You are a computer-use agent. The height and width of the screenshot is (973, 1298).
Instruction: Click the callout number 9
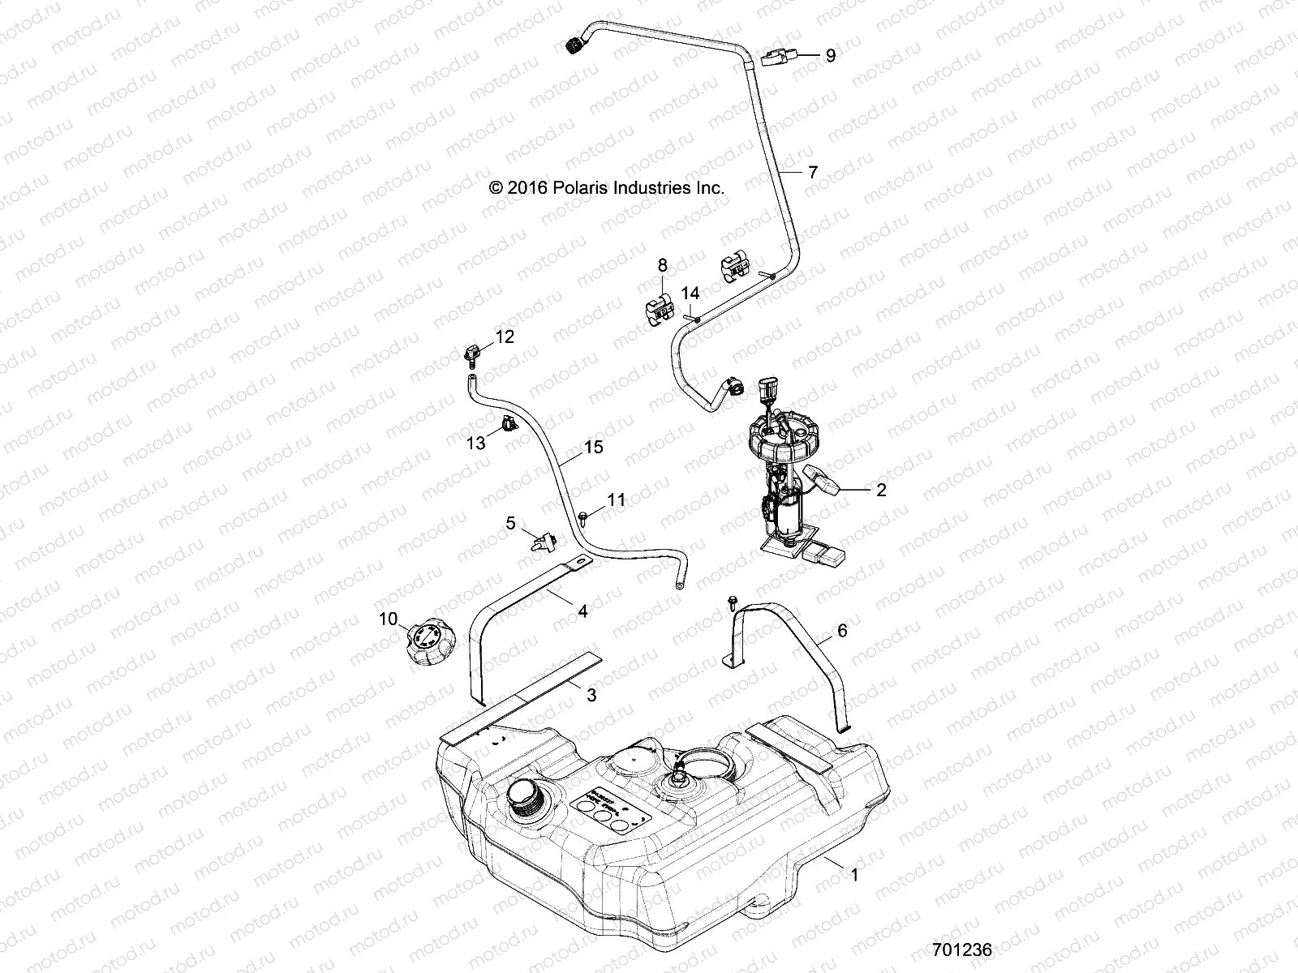830,56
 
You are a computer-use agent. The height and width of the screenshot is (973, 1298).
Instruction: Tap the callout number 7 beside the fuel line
812,172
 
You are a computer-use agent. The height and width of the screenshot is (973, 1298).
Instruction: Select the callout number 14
690,292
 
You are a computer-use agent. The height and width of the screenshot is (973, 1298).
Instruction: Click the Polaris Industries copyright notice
618,187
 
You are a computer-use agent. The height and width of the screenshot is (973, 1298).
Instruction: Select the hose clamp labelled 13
507,423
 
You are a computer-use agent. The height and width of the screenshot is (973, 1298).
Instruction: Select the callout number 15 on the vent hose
594,447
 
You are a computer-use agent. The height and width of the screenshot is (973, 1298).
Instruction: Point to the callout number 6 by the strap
841,630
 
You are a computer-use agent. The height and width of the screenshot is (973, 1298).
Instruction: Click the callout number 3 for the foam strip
591,695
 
